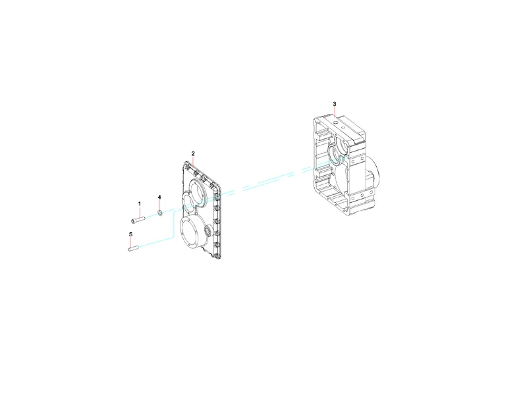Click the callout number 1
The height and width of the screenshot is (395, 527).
tap(140, 204)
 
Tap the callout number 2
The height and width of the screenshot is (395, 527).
tap(193, 153)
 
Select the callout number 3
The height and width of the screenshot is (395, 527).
tap(335, 104)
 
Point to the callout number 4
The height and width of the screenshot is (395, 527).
tap(159, 197)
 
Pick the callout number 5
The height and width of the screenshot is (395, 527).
tap(130, 234)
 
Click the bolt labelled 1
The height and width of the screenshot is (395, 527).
tap(138, 220)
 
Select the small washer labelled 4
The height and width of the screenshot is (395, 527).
tap(160, 213)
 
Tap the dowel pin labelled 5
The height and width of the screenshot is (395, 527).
tap(134, 249)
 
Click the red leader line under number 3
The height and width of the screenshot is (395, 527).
tap(335, 112)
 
